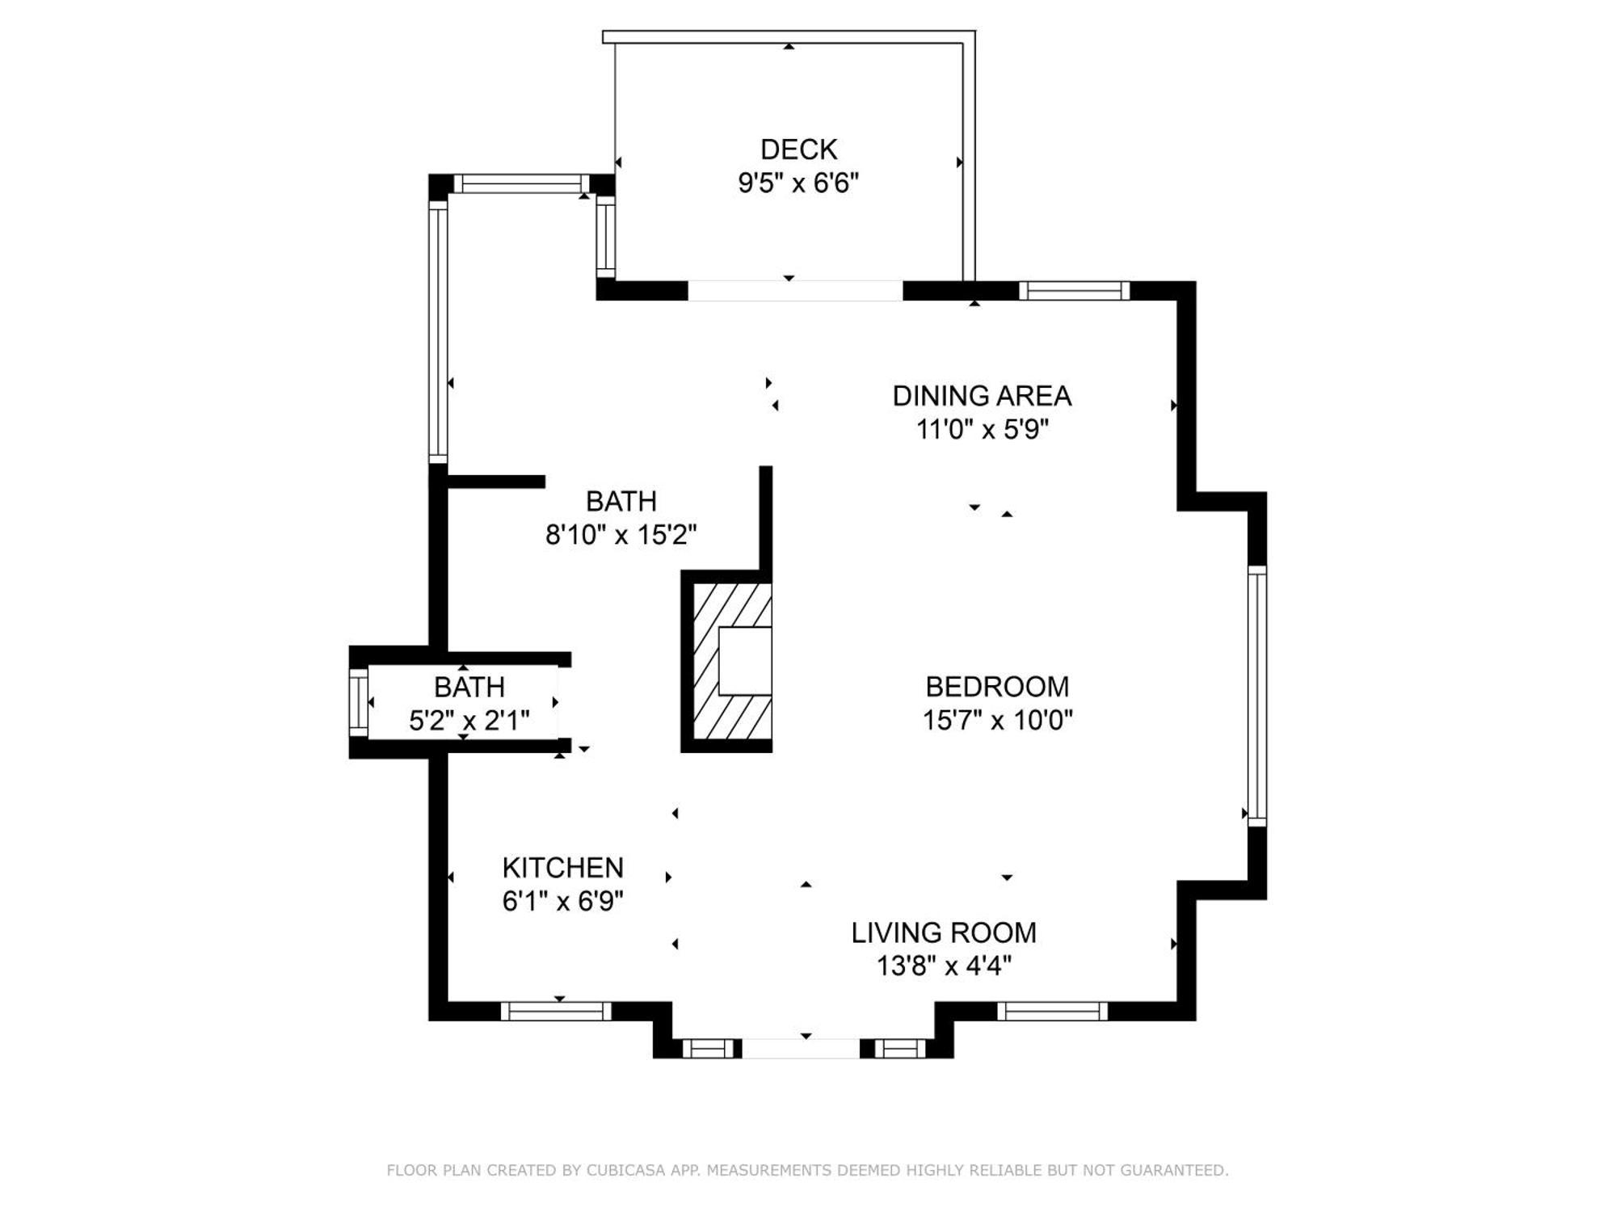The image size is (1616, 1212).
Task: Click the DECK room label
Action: (x=798, y=149)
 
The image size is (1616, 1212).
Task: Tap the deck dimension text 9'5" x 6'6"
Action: (x=798, y=183)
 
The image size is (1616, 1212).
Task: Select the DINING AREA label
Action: (x=982, y=396)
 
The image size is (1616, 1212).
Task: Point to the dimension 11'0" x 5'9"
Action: (x=982, y=429)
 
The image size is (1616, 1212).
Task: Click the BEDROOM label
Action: (x=997, y=687)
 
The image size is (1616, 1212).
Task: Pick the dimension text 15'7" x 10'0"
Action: (x=997, y=720)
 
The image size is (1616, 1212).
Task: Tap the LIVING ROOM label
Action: (x=944, y=933)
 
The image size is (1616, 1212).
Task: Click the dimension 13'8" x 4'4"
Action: (x=944, y=966)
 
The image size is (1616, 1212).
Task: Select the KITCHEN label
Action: (x=563, y=868)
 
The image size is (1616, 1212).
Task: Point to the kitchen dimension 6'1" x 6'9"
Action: (x=563, y=901)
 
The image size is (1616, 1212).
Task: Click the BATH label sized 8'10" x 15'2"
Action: (x=621, y=502)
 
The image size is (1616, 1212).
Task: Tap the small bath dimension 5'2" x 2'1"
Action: (x=469, y=720)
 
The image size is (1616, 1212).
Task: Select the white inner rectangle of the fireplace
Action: (x=745, y=661)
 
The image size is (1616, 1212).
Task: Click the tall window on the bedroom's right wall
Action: (x=1257, y=696)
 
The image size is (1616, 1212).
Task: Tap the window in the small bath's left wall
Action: (x=358, y=702)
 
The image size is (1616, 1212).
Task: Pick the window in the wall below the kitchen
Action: (x=556, y=1011)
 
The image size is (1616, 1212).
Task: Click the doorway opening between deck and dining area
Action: (x=795, y=291)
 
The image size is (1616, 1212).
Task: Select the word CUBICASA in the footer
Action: (x=625, y=1170)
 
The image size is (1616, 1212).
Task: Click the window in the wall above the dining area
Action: (x=1074, y=291)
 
